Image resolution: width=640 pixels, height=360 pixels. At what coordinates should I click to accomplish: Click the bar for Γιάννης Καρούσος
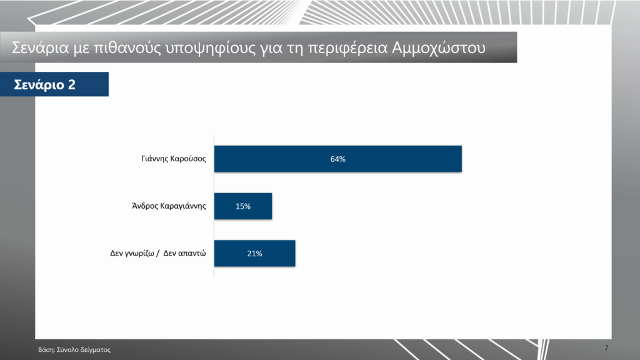(338, 159)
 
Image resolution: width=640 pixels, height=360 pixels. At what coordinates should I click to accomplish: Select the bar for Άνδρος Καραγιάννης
(243, 206)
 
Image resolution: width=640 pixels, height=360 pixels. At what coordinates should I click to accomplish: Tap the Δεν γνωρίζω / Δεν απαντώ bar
(255, 254)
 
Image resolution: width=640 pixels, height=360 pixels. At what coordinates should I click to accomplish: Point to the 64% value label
(338, 159)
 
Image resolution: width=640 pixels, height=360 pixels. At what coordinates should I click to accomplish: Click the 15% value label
(243, 206)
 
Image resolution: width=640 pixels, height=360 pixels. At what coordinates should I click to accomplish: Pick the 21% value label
(255, 254)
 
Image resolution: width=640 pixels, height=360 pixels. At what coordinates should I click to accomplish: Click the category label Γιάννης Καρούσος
(174, 159)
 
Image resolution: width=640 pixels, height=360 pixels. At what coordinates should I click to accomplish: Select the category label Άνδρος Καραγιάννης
(169, 206)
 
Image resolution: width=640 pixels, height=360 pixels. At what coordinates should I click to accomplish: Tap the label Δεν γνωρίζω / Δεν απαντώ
(158, 254)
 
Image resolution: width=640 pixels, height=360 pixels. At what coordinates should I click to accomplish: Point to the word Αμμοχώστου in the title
(439, 48)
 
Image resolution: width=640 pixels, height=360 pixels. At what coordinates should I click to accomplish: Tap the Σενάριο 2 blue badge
(54, 84)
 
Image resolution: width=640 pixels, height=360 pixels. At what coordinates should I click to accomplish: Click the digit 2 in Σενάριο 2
(71, 84)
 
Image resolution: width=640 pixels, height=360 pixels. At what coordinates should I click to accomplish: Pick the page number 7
(606, 348)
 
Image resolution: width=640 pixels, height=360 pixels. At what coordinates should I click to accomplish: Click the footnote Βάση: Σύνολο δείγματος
(74, 350)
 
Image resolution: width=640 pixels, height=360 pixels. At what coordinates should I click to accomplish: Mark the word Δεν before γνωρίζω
(116, 253)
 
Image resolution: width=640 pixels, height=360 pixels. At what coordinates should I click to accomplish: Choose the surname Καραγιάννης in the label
(183, 206)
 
